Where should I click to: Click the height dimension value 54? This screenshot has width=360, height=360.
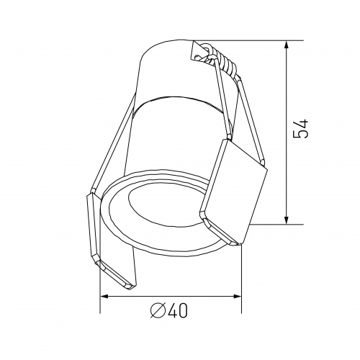pyautogui.click(x=300, y=128)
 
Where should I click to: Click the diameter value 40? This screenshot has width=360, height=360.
pyautogui.click(x=177, y=310)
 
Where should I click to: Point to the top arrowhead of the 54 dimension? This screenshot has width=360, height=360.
pyautogui.click(x=286, y=45)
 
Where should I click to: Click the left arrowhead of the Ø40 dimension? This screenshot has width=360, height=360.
pyautogui.click(x=104, y=297)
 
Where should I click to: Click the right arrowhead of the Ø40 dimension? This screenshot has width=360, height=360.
pyautogui.click(x=237, y=297)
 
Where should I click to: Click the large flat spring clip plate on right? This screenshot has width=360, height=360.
pyautogui.click(x=233, y=192)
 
